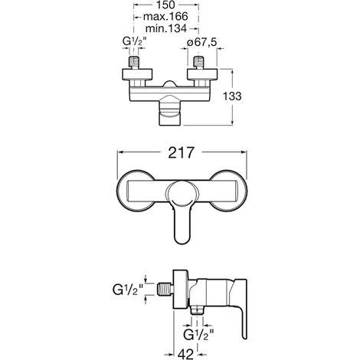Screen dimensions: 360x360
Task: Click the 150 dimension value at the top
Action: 165,5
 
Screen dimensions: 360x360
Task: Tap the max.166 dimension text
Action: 165,17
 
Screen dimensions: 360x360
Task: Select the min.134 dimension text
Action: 166,28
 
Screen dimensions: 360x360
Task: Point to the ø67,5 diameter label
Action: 201,42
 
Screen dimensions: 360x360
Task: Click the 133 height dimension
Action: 232,97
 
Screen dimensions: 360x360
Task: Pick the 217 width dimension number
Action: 182,152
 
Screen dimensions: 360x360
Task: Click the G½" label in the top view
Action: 135,42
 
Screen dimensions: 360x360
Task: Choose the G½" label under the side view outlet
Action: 198,335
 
